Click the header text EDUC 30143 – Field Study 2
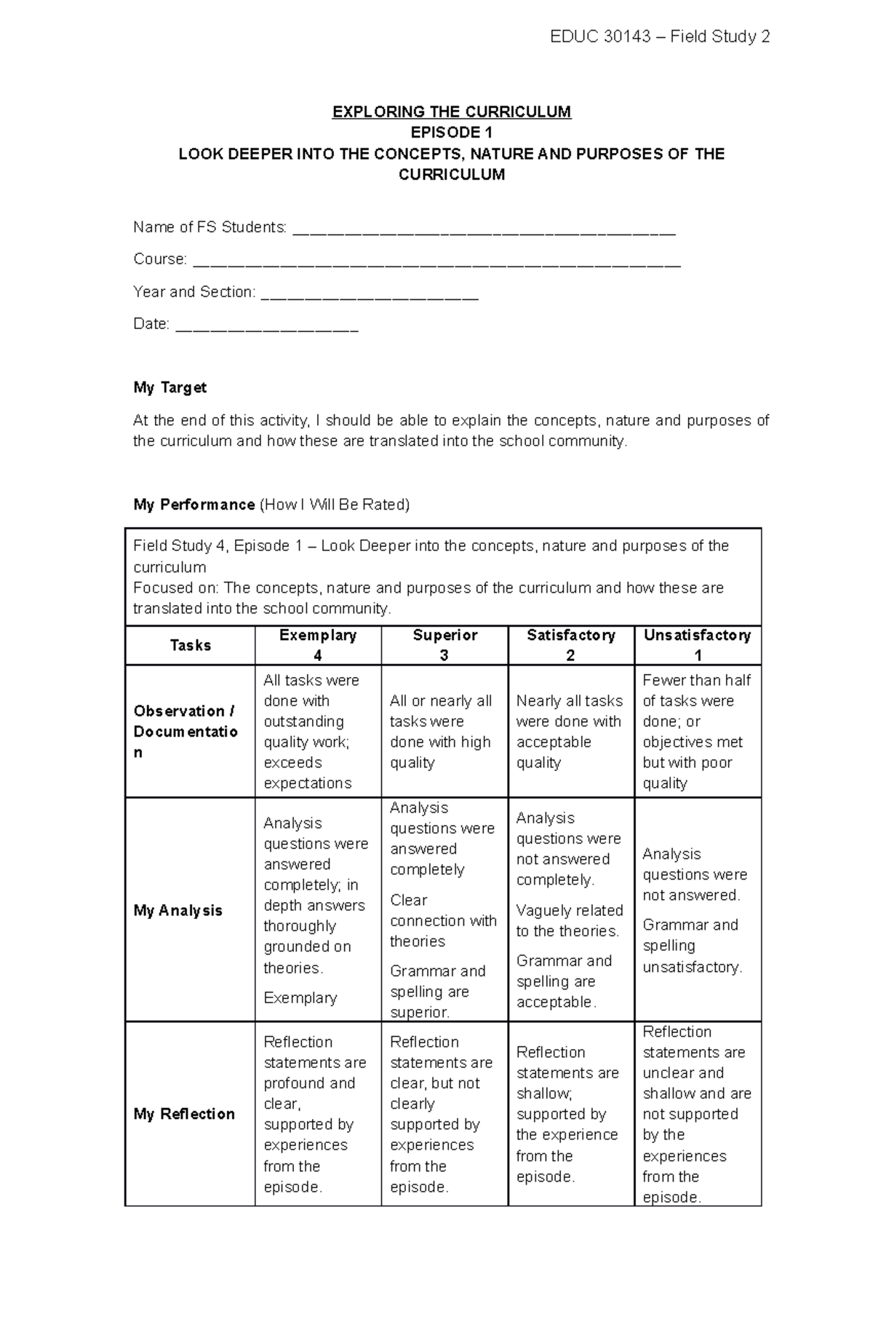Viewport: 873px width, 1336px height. tap(659, 36)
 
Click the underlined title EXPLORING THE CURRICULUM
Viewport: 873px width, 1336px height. tap(451, 111)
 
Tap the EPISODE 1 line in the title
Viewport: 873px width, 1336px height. tap(451, 133)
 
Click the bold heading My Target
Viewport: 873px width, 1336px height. tap(170, 387)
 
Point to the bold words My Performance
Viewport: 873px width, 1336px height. tap(194, 505)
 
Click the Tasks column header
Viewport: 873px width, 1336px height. tap(190, 645)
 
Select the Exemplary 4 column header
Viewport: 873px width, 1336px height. tap(318, 645)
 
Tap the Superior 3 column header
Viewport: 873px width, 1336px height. tap(445, 645)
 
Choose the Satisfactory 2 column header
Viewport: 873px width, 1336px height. tap(571, 645)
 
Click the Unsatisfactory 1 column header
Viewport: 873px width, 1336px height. tap(697, 645)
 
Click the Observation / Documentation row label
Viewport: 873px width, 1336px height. tap(185, 731)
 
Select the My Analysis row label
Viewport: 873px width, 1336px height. tap(178, 910)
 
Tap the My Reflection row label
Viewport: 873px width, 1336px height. tap(184, 1114)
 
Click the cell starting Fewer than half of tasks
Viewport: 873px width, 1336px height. tap(696, 731)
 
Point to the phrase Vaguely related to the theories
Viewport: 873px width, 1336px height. tap(569, 920)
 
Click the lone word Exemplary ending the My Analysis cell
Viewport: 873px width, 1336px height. tap(300, 997)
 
